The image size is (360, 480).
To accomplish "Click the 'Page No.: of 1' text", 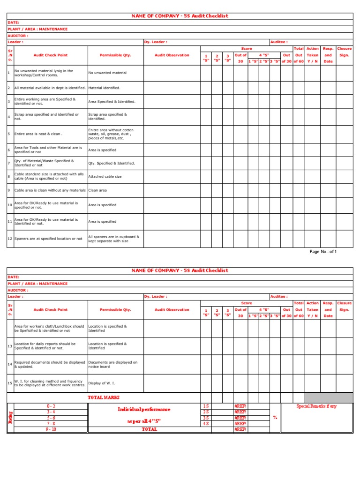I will tap(323, 252).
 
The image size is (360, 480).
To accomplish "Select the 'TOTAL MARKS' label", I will tap(101, 397).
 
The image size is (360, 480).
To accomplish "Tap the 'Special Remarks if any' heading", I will tap(316, 406).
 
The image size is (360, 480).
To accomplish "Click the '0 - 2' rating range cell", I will tap(51, 406).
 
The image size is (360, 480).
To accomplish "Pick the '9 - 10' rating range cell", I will tap(51, 429).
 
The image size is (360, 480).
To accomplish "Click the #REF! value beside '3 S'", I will tap(240, 417).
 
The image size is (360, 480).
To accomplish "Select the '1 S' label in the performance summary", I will tap(205, 406).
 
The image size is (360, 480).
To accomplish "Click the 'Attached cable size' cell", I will tap(105, 177).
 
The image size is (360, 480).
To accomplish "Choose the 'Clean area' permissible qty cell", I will tap(97, 190).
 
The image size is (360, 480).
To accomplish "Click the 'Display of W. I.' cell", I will tap(101, 383).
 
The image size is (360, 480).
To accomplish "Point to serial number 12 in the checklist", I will tap(9, 239).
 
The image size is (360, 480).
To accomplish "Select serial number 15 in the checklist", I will tap(9, 383).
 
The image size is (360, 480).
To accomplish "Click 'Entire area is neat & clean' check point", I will tap(38, 134).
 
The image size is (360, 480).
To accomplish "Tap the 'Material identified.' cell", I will tap(104, 88).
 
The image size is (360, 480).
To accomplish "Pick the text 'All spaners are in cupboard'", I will tap(113, 237).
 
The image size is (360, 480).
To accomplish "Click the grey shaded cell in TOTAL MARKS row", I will tap(328, 397).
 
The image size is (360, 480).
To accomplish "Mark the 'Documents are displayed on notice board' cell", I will tap(113, 364).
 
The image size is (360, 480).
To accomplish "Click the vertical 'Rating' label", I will tap(10, 417).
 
